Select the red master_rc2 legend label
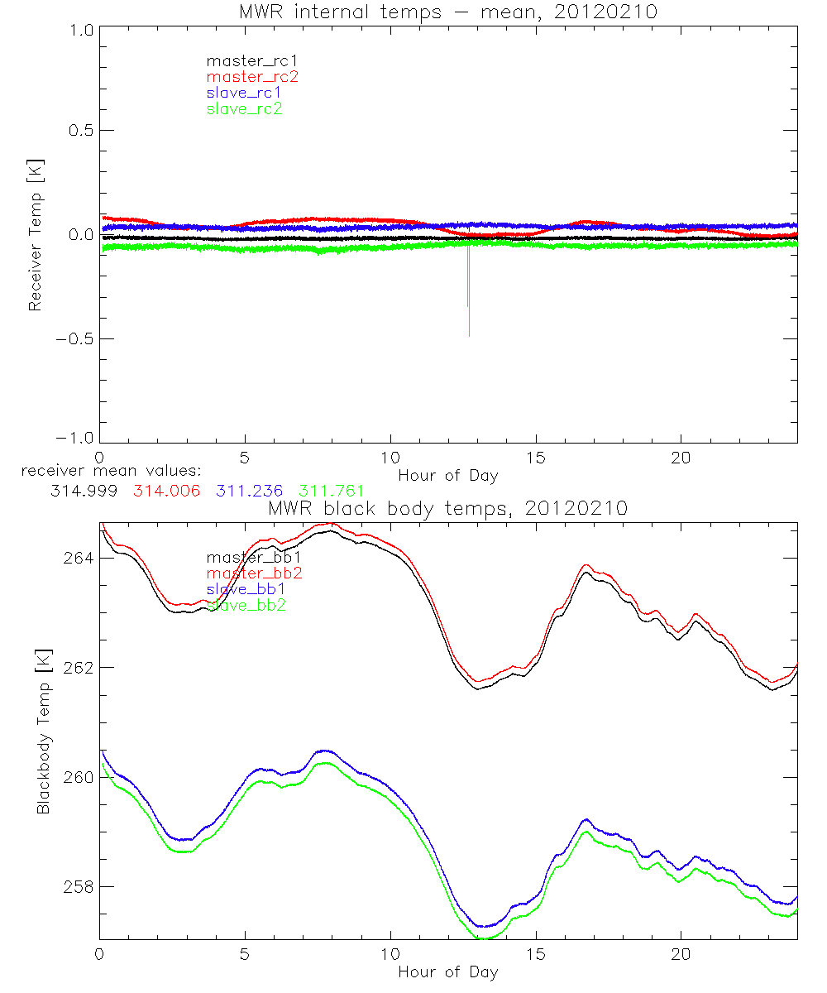pos(251,76)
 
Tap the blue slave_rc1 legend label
pos(244,93)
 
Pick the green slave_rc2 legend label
pos(244,108)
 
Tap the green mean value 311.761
pos(332,492)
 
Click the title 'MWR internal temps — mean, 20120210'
pos(447,12)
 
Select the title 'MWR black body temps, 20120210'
pos(447,509)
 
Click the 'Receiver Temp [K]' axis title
pos(35,234)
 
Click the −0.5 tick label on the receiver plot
pos(75,338)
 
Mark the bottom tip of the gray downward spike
pos(469,336)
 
